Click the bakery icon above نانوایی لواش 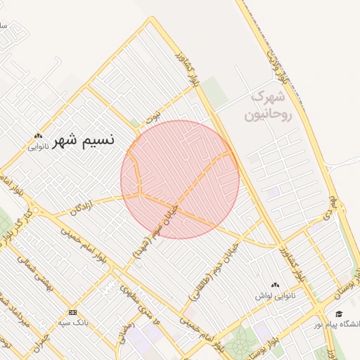274,285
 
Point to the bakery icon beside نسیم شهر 38,137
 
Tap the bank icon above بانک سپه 72,312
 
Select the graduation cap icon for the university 339,314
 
